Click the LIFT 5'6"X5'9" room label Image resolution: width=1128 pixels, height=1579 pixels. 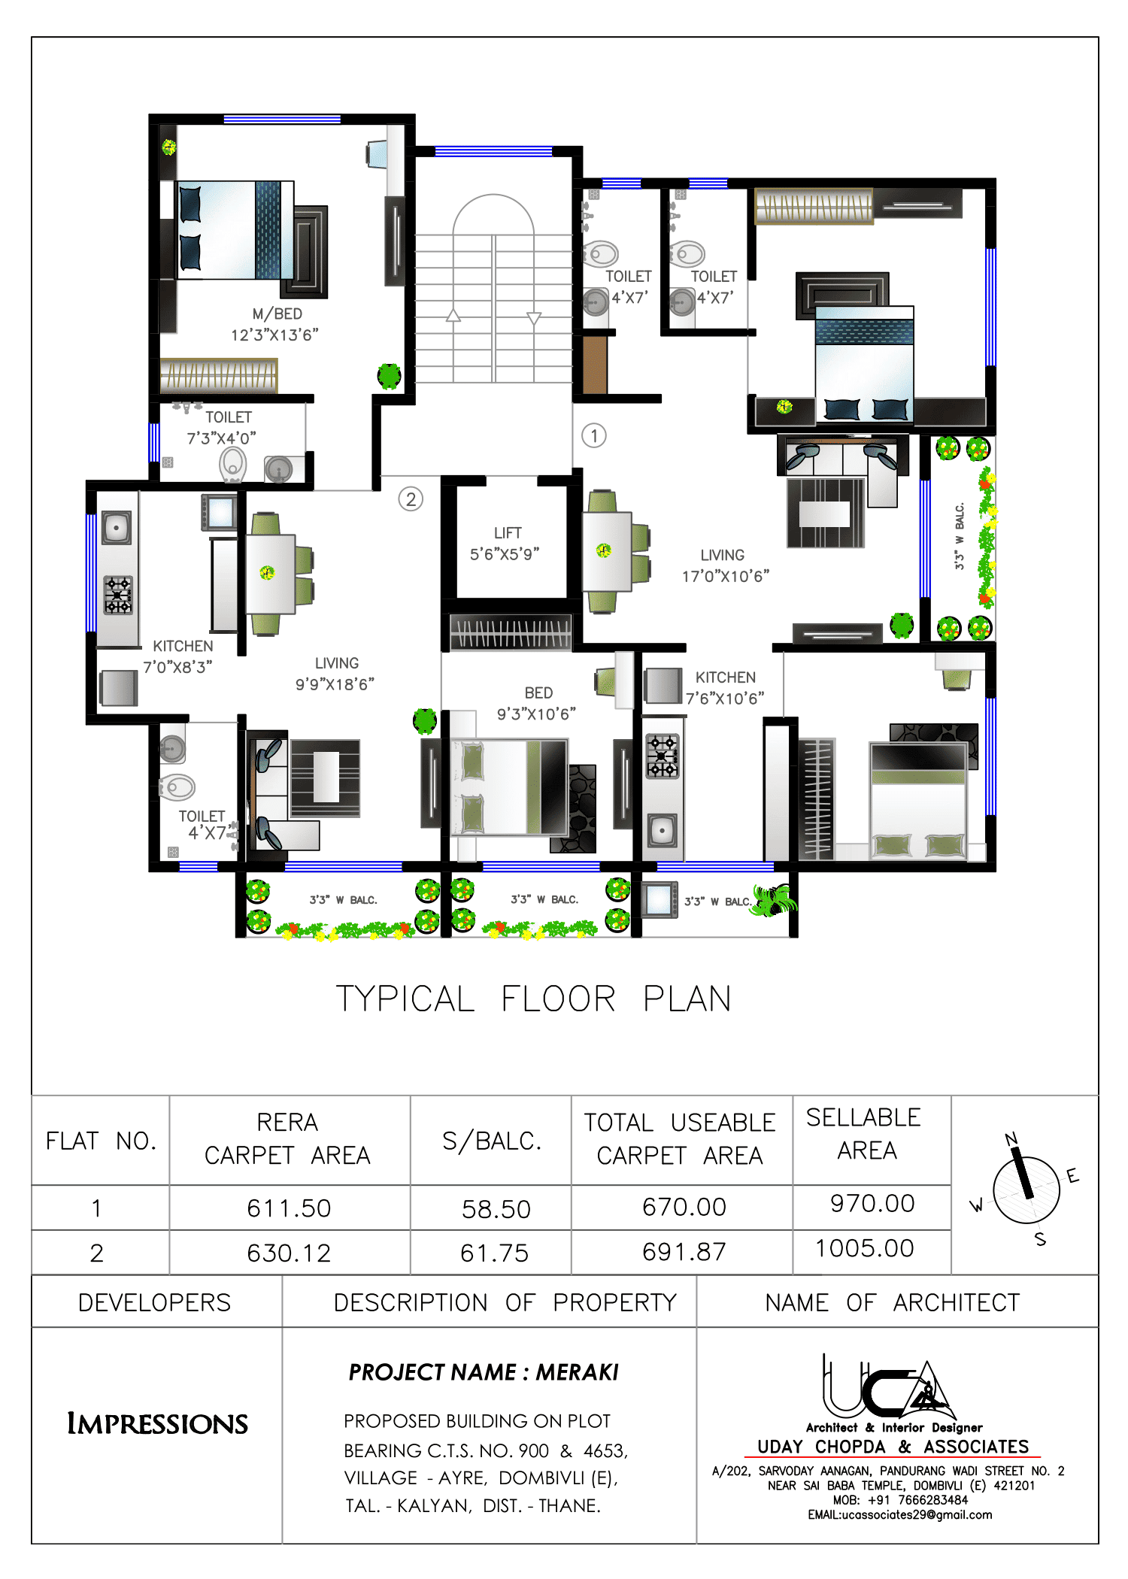506,544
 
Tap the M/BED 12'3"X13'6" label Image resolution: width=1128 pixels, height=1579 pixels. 275,325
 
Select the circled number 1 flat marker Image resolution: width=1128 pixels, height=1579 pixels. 593,435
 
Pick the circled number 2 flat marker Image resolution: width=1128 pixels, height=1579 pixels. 411,499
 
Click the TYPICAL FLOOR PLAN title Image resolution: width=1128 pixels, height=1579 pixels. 533,999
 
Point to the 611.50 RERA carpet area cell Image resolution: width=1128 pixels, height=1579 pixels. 289,1208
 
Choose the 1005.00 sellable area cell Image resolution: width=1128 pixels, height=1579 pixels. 865,1249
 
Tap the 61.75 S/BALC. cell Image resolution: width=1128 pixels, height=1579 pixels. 494,1253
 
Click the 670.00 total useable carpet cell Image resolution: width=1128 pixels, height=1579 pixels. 684,1207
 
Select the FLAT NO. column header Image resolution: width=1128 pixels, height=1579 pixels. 101,1141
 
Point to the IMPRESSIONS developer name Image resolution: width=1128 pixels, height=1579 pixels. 157,1424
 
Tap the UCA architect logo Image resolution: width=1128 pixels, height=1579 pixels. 887,1391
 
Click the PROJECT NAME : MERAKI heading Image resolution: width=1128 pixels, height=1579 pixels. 484,1373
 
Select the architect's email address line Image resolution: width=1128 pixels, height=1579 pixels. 900,1515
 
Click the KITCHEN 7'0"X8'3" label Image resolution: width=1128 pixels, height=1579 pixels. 179,656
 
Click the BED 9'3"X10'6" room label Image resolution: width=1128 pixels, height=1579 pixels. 537,703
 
